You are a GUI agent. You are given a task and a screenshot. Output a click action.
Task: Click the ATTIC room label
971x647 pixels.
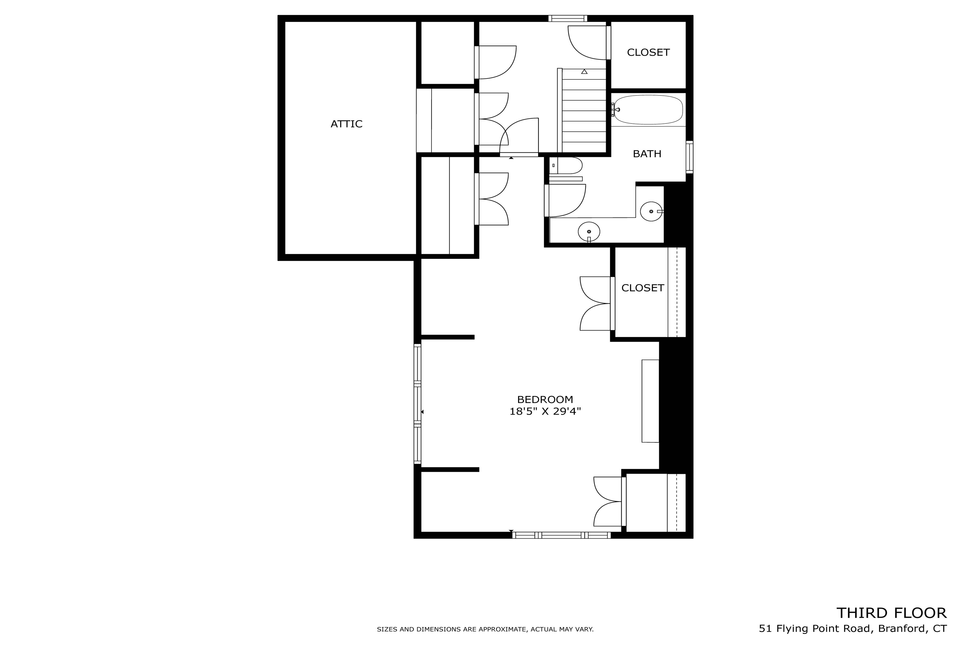point(346,124)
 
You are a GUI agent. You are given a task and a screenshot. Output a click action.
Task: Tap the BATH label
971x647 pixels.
point(647,154)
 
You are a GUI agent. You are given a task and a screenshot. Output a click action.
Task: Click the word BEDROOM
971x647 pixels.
point(545,400)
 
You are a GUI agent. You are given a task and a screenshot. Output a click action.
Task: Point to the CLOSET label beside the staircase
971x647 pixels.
point(648,52)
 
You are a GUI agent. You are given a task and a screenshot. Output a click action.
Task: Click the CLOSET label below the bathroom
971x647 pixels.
point(642,288)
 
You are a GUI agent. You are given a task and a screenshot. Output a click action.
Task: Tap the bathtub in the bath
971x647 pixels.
point(648,109)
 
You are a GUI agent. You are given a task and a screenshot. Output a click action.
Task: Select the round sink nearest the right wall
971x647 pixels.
point(651,211)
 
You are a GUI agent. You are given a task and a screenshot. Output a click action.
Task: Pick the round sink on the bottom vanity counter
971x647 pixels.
point(589,232)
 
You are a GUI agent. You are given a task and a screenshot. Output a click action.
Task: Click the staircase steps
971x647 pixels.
point(584,111)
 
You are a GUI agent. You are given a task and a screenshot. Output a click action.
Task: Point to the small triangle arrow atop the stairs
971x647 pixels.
point(584,72)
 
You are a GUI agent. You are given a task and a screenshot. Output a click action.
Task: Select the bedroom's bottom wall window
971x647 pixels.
point(562,535)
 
